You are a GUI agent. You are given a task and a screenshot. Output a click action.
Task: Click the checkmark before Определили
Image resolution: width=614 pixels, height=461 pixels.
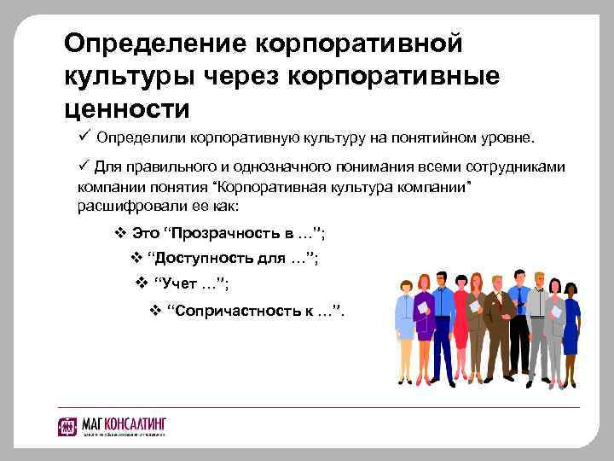(84, 136)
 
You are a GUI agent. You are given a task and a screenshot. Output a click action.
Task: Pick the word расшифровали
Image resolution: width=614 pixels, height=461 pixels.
(123, 207)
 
